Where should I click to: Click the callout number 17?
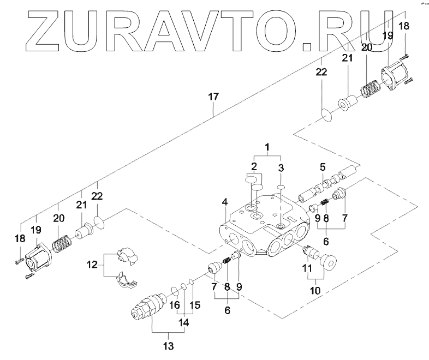(213, 97)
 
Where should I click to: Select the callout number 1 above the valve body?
(267, 147)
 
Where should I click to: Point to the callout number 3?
(281, 167)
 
